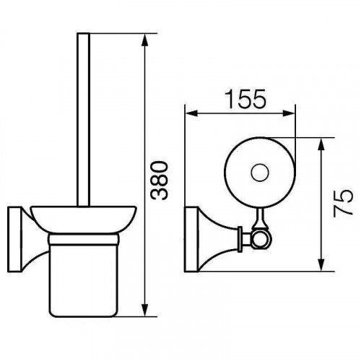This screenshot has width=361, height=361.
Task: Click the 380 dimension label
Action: pos(160,180)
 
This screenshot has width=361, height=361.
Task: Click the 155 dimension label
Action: pos(245,99)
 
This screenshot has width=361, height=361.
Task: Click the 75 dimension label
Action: pos(342,203)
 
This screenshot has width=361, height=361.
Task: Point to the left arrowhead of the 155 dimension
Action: pos(192,113)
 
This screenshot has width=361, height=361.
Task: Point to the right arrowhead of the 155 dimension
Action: pos(289,113)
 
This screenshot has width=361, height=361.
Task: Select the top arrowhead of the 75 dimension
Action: pos(321,144)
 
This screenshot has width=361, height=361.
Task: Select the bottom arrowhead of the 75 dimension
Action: pos(321,265)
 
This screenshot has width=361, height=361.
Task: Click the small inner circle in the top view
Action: pos(260,173)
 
